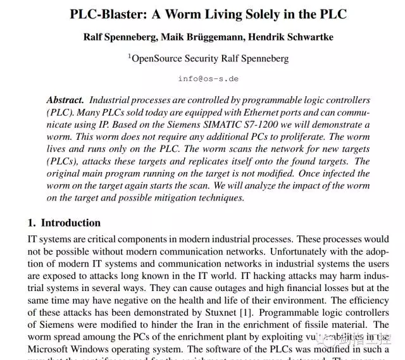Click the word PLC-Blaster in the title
[x=110, y=15]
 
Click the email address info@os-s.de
[x=208, y=79]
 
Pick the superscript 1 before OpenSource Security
[x=129, y=56]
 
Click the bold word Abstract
[x=65, y=100]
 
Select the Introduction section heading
[x=70, y=223]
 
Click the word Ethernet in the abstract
[x=249, y=112]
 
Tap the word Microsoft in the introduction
[x=49, y=348]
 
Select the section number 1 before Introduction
[x=31, y=223]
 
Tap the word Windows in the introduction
[x=96, y=348]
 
